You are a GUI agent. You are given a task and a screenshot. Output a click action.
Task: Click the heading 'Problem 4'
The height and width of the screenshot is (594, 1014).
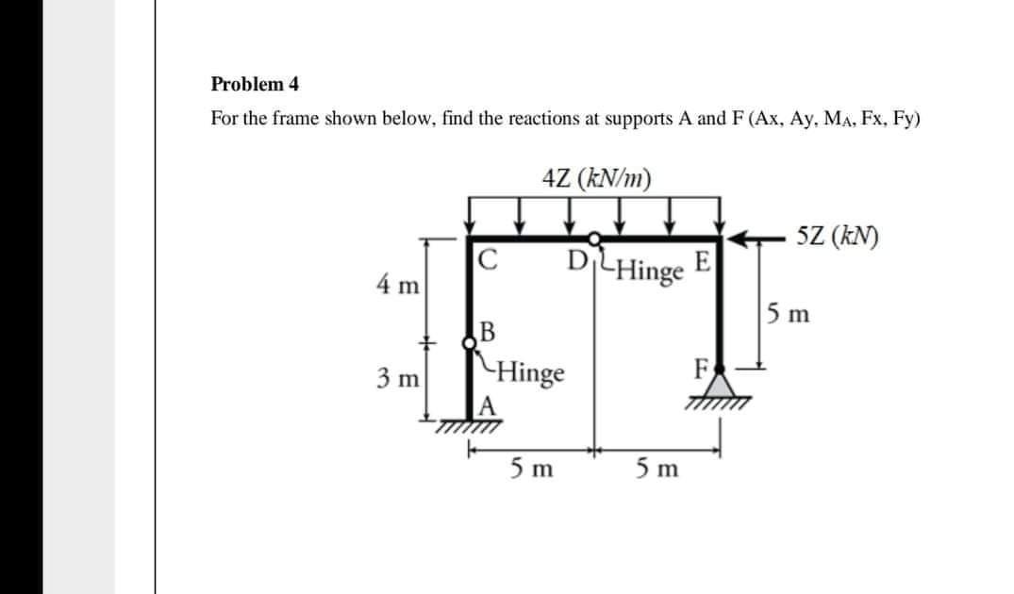click(255, 84)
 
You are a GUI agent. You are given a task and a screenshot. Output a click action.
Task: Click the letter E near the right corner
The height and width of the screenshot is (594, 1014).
click(703, 260)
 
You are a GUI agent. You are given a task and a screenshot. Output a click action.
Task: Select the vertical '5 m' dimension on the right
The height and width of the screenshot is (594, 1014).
click(788, 311)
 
